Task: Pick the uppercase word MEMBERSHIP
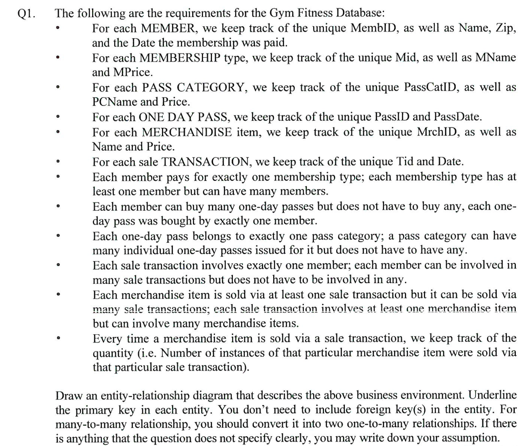(x=180, y=58)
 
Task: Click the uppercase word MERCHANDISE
(x=187, y=132)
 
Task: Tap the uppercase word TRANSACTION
(x=206, y=162)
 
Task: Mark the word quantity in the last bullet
(x=113, y=353)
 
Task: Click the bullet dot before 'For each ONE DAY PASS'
(x=58, y=117)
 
